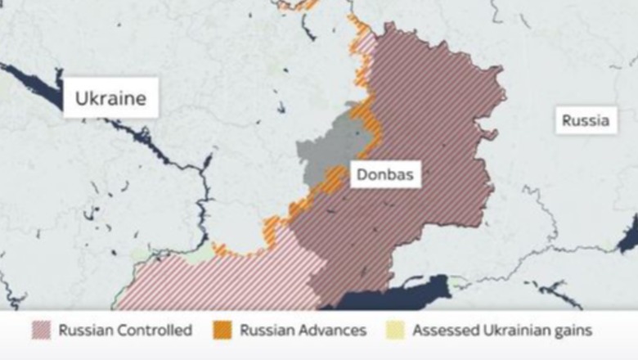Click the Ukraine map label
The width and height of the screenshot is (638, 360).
(110, 99)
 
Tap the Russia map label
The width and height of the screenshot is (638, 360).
(585, 121)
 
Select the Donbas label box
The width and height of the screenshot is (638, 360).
(384, 174)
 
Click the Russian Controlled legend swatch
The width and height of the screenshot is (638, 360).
(41, 331)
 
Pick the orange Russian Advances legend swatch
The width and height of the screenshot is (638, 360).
(222, 331)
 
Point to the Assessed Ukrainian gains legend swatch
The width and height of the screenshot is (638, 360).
(396, 331)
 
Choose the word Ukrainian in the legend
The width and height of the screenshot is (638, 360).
(513, 331)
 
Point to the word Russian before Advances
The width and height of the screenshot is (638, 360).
(265, 331)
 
